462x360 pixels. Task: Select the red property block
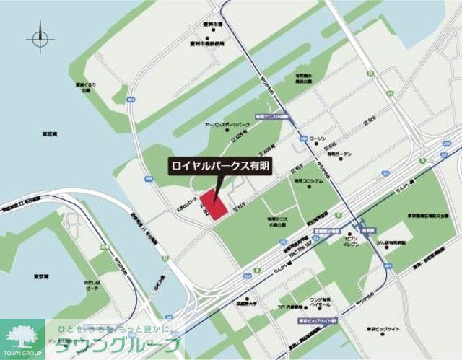tap(214, 201)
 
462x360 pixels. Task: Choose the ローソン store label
tap(318, 136)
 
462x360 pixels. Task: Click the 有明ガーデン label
tap(339, 154)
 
